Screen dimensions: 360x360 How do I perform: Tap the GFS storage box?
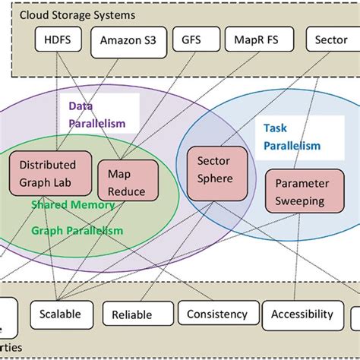click(x=188, y=40)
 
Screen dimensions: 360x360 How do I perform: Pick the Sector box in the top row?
click(x=333, y=40)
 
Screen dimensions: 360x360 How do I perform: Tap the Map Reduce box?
click(x=126, y=182)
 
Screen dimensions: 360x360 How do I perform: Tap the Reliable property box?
click(x=131, y=314)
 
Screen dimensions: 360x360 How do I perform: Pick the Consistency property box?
click(x=216, y=313)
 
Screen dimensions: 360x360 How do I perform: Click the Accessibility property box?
click(x=302, y=313)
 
